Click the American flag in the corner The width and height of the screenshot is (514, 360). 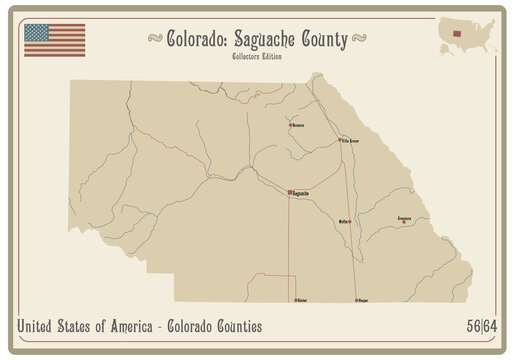pyautogui.click(x=54, y=40)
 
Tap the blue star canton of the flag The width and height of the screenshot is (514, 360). pyautogui.click(x=37, y=32)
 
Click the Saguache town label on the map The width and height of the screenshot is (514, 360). pyautogui.click(x=300, y=192)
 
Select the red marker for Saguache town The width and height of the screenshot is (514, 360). pyautogui.click(x=289, y=192)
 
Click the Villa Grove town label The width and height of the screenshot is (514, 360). pyautogui.click(x=351, y=141)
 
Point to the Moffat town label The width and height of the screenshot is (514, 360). pyautogui.click(x=345, y=222)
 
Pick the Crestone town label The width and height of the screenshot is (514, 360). pyautogui.click(x=404, y=217)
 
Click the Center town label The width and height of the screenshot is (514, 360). pyautogui.click(x=302, y=298)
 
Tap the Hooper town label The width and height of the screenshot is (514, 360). pyautogui.click(x=362, y=298)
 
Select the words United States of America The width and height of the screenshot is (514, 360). pyautogui.click(x=82, y=327)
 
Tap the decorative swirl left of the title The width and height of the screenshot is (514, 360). pyautogui.click(x=155, y=40)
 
